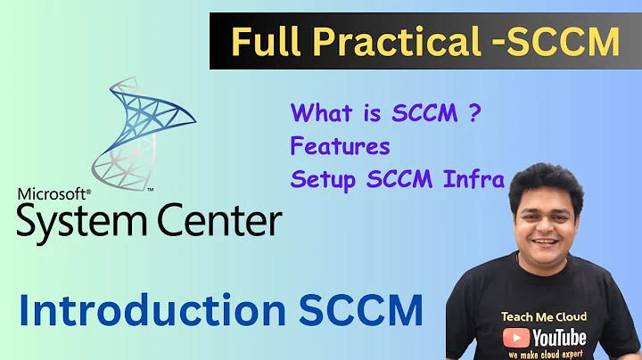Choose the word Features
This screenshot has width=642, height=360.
[341, 145]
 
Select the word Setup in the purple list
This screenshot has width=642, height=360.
[321, 178]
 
